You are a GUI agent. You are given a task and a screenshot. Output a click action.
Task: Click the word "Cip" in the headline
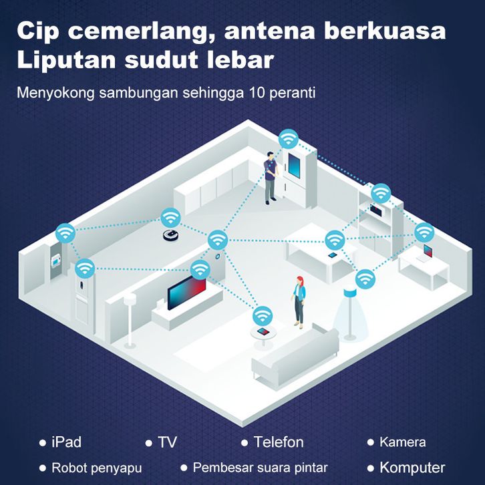click(41, 32)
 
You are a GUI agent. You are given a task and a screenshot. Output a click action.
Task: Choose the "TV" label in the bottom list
click(167, 442)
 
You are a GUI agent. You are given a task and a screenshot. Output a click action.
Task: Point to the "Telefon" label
click(279, 442)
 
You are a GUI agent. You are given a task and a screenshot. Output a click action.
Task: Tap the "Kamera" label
click(402, 442)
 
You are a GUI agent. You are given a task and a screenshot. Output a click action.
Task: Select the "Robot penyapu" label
click(97, 468)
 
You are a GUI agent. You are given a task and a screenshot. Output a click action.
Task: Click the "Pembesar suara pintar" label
click(260, 468)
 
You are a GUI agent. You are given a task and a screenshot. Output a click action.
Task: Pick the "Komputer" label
click(412, 468)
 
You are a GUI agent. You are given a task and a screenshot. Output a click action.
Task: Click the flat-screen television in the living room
click(186, 293)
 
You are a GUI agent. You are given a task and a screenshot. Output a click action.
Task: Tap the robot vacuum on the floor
click(172, 234)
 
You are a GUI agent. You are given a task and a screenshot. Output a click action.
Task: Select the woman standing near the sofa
click(299, 301)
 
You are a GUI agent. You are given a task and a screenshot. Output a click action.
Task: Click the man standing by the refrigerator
click(270, 177)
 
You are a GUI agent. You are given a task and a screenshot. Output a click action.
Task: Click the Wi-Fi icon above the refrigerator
click(289, 139)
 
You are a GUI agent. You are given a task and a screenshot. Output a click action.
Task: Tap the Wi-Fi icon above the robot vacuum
click(169, 217)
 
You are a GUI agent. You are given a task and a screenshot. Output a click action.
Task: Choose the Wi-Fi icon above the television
click(199, 269)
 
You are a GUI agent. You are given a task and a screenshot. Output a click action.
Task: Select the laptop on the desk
click(427, 253)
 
